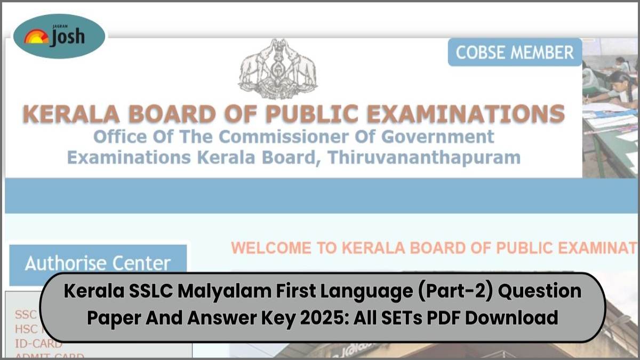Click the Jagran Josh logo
tap(59, 36)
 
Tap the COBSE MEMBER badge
tap(515, 52)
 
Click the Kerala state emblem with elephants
tap(277, 69)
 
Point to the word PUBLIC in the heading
tap(310, 114)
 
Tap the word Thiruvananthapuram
tap(424, 157)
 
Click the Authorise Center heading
tap(98, 263)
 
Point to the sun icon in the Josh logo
tap(36, 37)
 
